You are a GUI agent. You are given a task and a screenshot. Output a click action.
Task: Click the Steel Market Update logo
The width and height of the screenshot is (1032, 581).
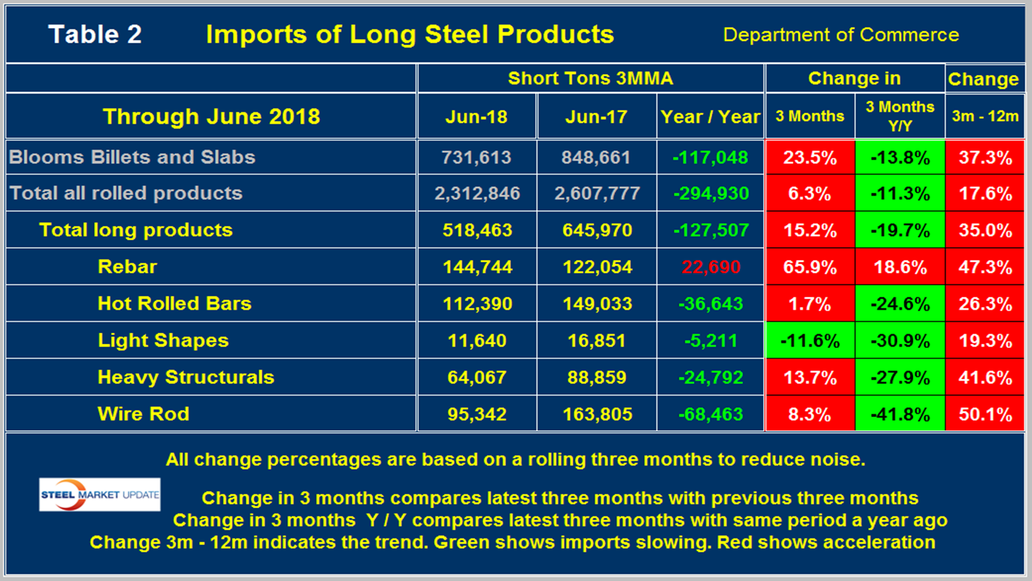pos(100,494)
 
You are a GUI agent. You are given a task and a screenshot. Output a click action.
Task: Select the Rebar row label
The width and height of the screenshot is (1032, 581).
pos(127,267)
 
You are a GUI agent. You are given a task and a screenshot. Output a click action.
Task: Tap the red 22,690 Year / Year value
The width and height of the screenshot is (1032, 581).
pos(710,267)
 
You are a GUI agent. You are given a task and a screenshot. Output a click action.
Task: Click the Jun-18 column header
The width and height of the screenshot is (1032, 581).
pos(476,117)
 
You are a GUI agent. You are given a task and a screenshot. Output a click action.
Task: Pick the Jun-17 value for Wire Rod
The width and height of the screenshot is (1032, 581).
pos(597,414)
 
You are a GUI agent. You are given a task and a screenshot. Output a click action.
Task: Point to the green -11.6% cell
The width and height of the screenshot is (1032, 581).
pos(809,341)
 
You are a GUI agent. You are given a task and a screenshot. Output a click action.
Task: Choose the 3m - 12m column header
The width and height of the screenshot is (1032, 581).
pos(984,116)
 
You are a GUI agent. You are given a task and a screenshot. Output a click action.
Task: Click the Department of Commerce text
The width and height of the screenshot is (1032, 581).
pos(841,35)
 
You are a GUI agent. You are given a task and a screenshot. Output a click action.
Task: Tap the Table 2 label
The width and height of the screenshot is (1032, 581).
pos(95,34)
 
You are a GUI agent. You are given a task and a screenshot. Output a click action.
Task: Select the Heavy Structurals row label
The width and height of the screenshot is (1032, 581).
pos(186,377)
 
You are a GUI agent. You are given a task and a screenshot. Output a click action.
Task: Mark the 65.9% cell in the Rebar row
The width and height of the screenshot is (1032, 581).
pos(809,267)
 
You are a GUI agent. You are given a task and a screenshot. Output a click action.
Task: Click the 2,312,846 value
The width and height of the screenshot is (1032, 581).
pos(477,193)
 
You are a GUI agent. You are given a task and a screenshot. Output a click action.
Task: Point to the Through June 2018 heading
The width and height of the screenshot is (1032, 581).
pos(211,116)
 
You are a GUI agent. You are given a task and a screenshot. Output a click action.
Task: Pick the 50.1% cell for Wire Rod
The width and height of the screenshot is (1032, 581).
pos(985,414)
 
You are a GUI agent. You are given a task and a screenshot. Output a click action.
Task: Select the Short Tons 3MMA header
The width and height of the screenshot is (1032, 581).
pos(590,78)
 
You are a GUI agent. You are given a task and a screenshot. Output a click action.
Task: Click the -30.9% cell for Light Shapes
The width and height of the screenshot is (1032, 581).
pos(900,341)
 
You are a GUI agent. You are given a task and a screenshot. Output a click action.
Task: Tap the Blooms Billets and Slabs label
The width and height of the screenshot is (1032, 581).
pos(132,157)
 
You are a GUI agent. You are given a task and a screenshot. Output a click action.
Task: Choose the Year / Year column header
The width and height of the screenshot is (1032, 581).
pos(710,117)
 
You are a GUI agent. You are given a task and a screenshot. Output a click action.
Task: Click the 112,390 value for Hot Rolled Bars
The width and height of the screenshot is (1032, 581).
pos(477,304)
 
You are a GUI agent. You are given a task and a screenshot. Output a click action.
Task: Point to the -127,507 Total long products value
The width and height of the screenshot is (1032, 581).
pos(710,230)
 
